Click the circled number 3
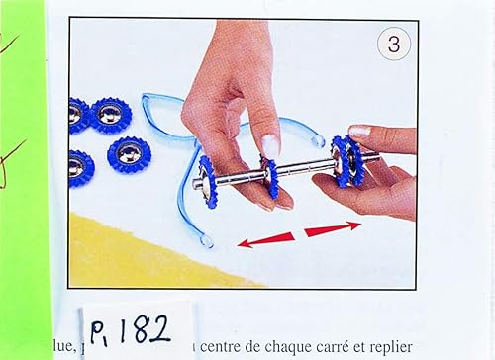[393, 44]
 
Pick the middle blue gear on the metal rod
[269, 176]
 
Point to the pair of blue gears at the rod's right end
[346, 161]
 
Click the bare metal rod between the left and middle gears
[239, 178]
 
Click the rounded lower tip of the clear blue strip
[205, 240]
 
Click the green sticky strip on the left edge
[22, 178]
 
